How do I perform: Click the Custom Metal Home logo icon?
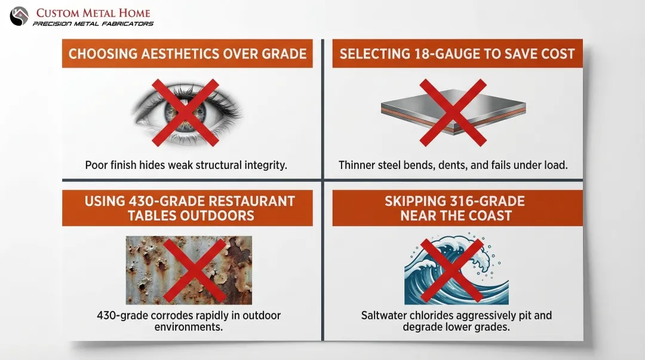click(19, 16)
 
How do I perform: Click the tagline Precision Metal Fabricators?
click(93, 24)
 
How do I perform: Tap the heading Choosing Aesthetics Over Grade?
click(187, 54)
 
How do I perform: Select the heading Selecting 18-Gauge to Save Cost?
click(457, 54)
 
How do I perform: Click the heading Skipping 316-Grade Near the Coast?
click(457, 208)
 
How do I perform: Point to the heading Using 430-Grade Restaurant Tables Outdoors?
click(187, 208)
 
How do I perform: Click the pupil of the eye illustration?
click(186, 112)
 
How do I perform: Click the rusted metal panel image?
click(189, 270)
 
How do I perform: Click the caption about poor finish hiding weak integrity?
click(186, 165)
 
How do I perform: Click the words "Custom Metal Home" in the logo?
click(93, 13)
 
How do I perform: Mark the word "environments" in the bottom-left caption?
click(189, 327)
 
